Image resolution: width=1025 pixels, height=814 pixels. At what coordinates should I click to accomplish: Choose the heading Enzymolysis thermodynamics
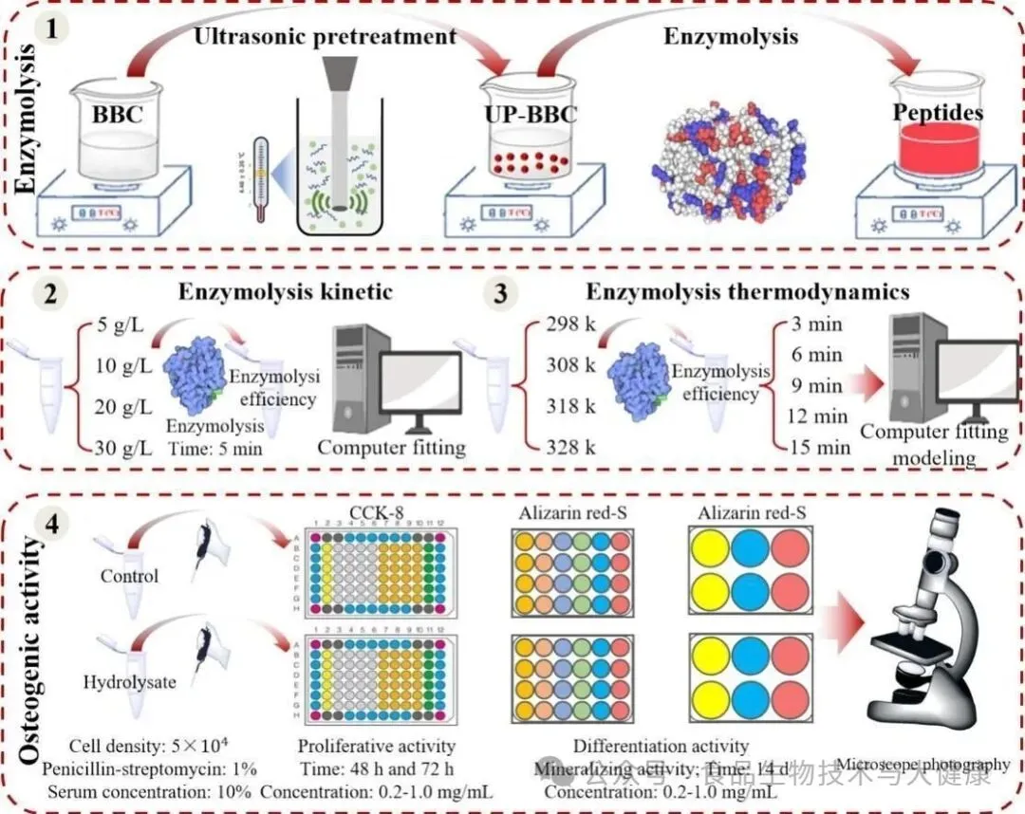click(747, 291)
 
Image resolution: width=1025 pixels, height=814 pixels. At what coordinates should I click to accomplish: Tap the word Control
click(130, 576)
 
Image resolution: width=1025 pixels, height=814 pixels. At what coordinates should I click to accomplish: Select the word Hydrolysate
click(129, 681)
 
